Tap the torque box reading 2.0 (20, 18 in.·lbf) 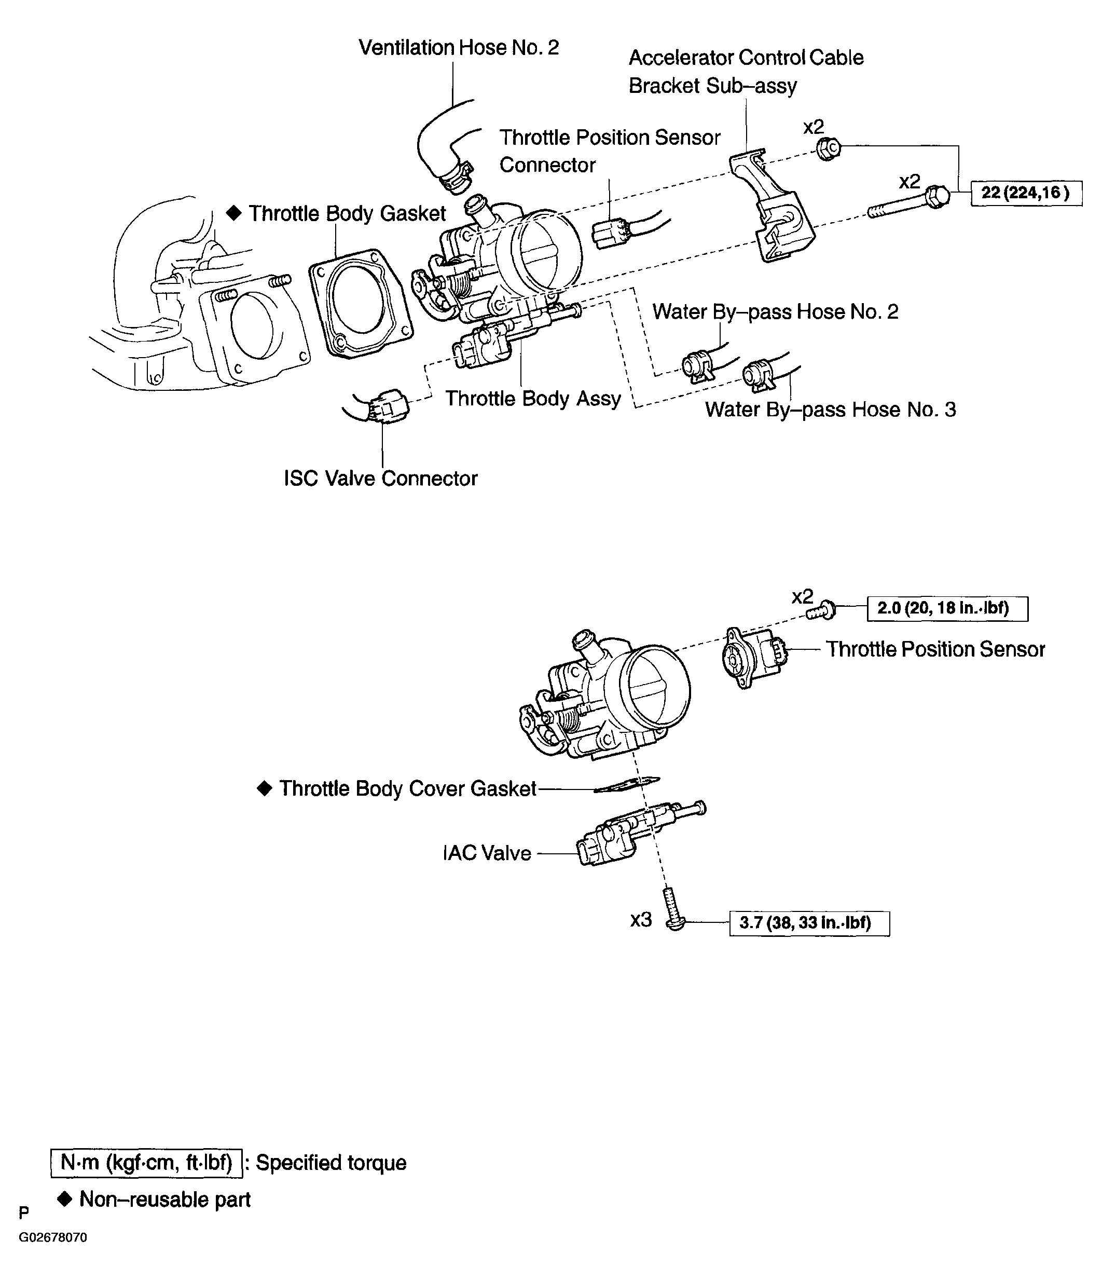(947, 608)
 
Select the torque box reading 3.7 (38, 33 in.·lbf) (809, 923)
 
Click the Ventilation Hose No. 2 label (459, 48)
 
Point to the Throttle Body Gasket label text (347, 213)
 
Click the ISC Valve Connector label (380, 478)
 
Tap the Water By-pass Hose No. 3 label (830, 410)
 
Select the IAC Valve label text (487, 853)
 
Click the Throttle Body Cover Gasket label (407, 788)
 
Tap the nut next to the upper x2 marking (828, 148)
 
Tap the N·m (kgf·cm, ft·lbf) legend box (146, 1162)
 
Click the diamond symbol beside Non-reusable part (65, 1200)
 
